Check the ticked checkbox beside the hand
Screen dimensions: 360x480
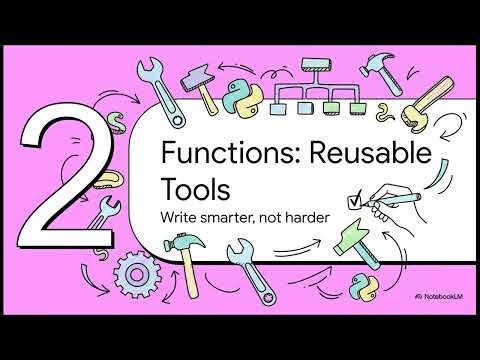tap(351, 200)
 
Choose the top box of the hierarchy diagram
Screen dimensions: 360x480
tap(312, 67)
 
